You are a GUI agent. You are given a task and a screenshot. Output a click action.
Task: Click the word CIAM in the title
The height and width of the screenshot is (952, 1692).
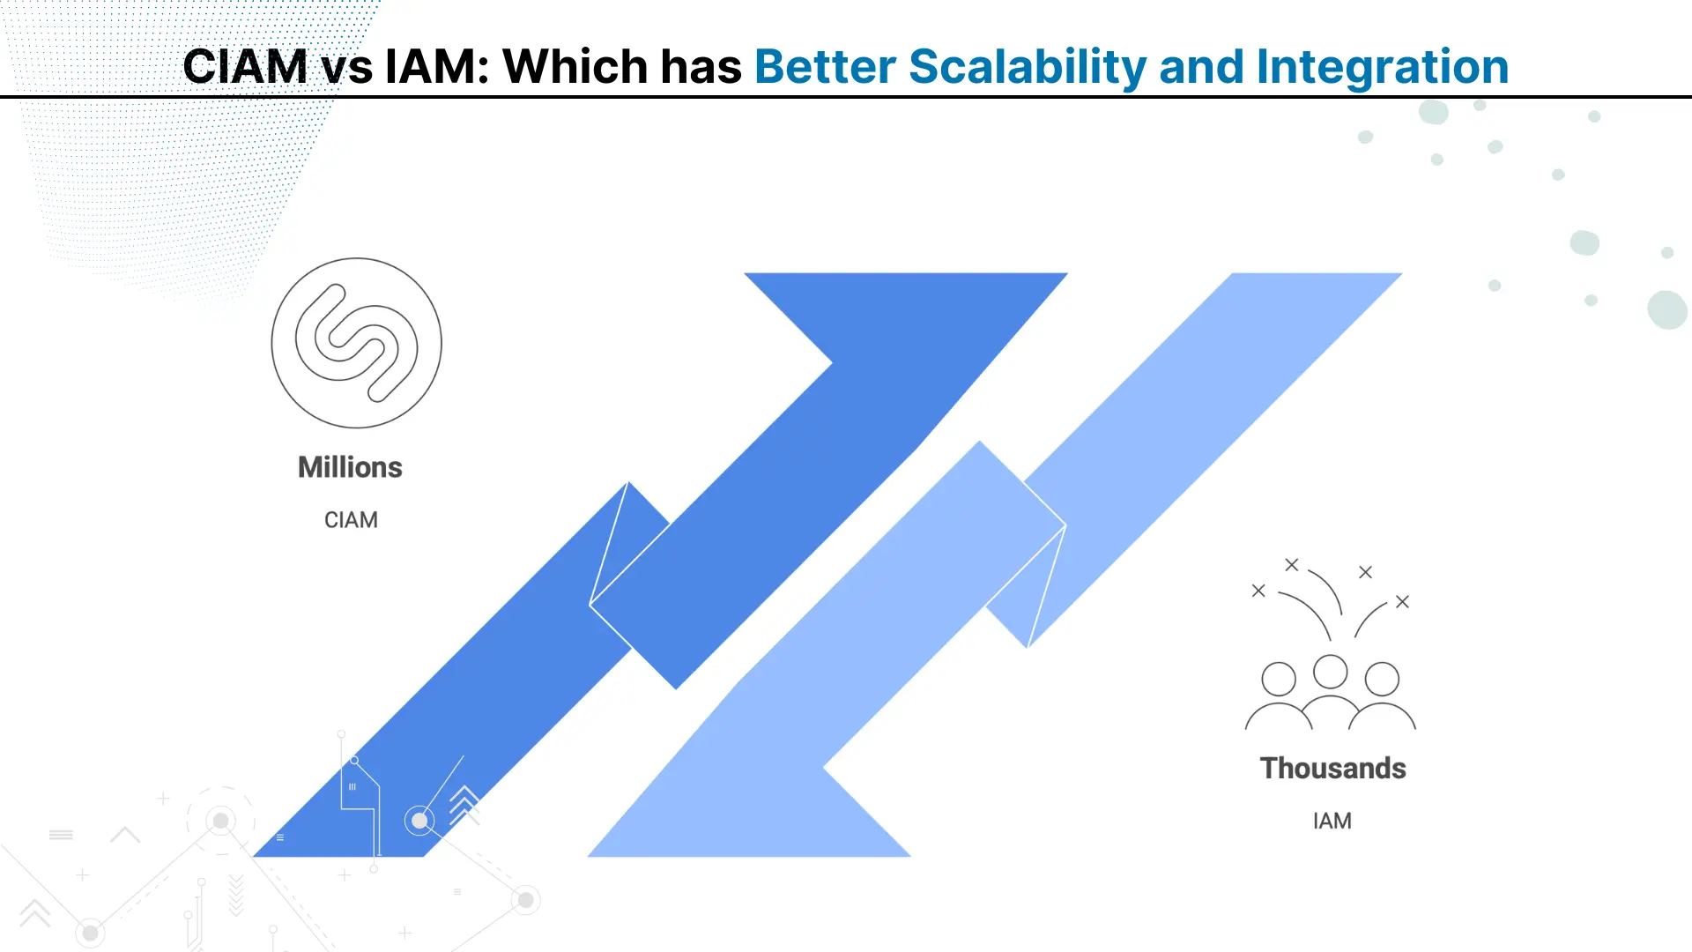tap(245, 66)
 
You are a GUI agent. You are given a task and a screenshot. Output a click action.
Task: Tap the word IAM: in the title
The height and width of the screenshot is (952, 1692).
tap(436, 66)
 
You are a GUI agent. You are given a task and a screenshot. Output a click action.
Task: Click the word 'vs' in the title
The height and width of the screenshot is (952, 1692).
tap(346, 69)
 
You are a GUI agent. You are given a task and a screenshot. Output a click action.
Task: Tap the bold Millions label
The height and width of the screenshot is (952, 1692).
tap(350, 467)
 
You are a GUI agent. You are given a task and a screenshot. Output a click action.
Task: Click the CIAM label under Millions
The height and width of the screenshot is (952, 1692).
tap(351, 520)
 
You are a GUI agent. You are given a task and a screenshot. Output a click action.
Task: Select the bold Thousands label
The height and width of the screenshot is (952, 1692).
tap(1332, 768)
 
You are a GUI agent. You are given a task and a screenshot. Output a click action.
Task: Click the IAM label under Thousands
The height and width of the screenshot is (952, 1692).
tap(1332, 821)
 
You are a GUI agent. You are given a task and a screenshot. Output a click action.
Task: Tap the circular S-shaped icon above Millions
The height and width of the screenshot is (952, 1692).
tap(356, 343)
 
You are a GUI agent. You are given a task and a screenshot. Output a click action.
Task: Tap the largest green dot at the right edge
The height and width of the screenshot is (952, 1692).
tap(1667, 309)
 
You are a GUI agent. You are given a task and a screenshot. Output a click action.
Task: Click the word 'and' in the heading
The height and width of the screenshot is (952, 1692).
tap(1201, 66)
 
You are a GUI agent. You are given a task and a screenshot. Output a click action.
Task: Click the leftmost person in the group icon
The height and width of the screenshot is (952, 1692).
tap(1279, 696)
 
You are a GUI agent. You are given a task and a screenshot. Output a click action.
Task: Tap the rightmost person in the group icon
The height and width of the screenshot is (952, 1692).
tap(1382, 696)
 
